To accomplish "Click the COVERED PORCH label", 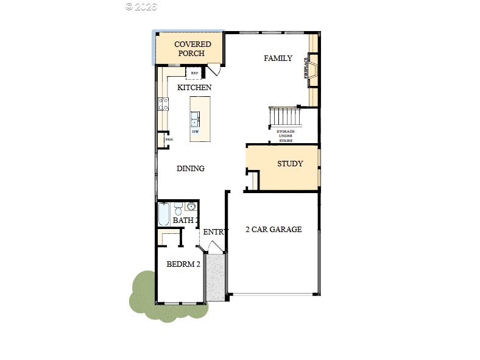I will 192,49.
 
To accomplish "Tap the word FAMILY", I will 278,58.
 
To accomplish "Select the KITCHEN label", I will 194,88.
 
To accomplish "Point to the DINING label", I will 191,169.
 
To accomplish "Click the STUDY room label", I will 290,164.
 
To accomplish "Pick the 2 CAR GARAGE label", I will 274,230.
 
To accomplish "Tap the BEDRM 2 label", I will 183,264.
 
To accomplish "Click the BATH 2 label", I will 185,221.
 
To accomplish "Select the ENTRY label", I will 215,232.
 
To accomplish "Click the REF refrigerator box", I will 195,74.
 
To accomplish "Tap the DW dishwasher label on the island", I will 196,132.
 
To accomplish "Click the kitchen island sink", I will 196,119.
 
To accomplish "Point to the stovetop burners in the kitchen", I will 163,104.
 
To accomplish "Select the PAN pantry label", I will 169,140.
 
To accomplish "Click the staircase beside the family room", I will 285,115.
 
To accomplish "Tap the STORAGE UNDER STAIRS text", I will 286,136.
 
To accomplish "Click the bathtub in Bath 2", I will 164,215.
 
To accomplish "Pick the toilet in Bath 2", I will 178,207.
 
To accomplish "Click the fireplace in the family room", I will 312,68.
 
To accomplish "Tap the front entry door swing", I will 214,247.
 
